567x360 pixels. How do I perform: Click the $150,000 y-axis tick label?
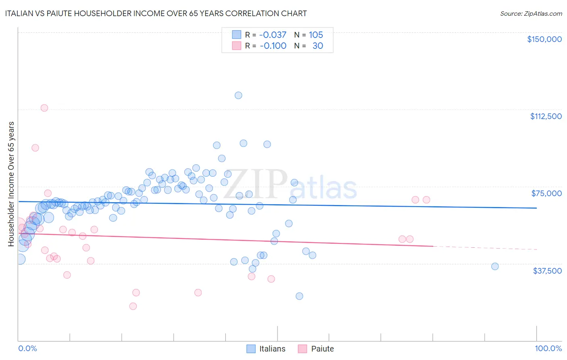(544, 39)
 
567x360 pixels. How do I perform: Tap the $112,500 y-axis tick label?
(546, 116)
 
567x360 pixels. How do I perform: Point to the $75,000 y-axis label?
(546, 193)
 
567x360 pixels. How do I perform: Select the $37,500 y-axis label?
(547, 271)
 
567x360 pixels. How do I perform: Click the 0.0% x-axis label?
(27, 348)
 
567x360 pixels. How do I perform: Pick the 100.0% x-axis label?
(548, 348)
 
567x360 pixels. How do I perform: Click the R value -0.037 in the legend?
(273, 35)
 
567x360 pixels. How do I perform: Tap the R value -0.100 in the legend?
(273, 46)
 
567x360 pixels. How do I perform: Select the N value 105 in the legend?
(316, 35)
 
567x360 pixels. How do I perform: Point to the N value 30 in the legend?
(318, 46)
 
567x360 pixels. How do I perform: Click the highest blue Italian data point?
(238, 95)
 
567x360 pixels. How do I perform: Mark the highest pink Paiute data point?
(44, 108)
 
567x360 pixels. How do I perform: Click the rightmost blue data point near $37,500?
(495, 266)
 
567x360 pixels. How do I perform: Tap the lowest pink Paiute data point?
(133, 306)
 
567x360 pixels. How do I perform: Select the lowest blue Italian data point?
(299, 296)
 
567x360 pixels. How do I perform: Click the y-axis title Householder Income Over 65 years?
(11, 184)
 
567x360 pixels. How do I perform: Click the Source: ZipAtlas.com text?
(531, 14)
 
